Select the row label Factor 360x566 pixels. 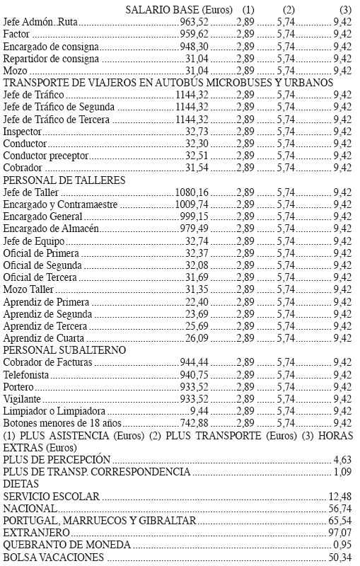tap(17, 34)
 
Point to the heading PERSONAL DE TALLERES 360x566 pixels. tap(64, 180)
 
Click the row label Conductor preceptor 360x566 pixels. tap(45, 155)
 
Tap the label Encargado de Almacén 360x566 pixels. tap(51, 228)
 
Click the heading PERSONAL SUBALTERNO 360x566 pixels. tap(65, 350)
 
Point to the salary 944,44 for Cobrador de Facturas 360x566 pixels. tap(193, 362)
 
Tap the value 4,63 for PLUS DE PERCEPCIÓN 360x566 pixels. tap(342, 459)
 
